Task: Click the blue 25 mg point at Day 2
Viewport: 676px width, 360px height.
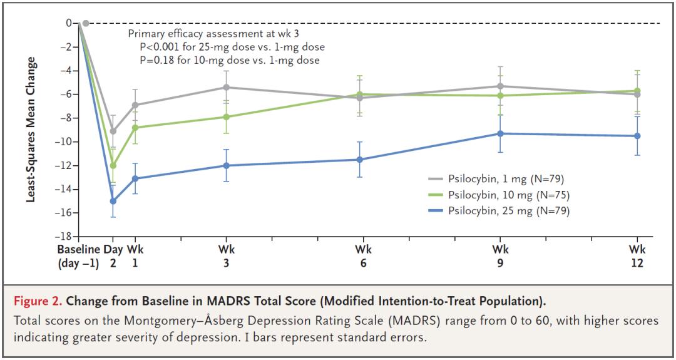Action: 113,201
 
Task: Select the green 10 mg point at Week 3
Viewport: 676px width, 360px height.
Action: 226,117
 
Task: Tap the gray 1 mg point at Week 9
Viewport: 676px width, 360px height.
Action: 500,86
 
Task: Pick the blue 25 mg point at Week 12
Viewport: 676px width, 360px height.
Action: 637,136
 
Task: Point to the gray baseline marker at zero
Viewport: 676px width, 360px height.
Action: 86,23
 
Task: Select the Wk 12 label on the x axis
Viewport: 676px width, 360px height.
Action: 637,255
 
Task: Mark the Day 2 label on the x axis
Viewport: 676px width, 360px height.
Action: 113,255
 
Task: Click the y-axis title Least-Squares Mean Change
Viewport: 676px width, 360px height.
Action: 29,130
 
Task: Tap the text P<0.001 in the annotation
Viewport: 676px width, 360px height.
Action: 161,47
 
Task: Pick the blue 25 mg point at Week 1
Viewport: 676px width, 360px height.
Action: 135,178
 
